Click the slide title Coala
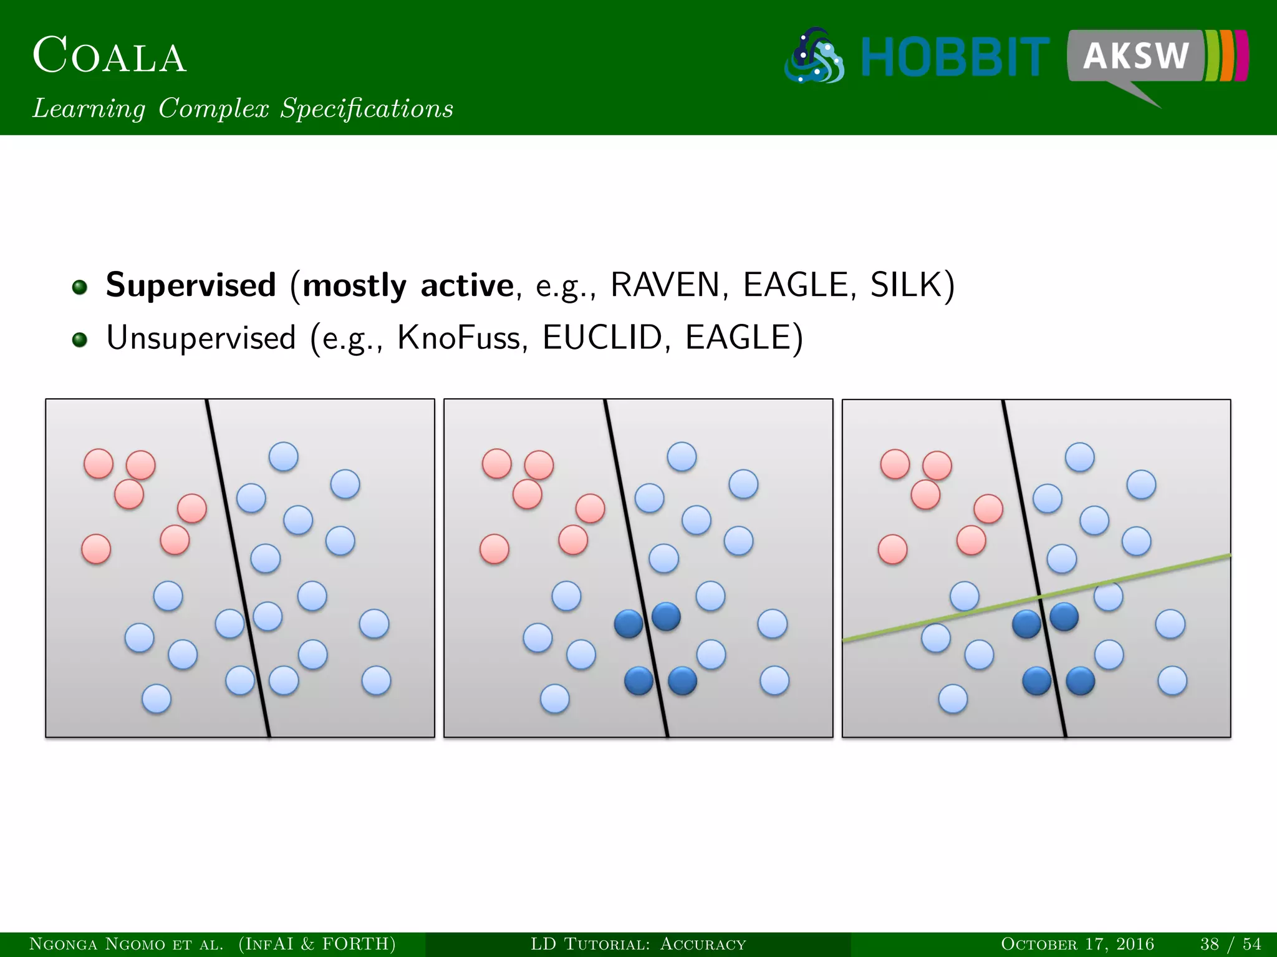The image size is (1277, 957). tap(109, 56)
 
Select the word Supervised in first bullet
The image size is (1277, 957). tap(191, 285)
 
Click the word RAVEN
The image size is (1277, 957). tap(665, 285)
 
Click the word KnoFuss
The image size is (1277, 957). tap(458, 338)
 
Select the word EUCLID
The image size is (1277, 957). tap(601, 338)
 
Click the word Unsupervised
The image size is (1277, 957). tap(201, 338)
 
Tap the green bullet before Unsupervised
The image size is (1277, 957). tap(79, 340)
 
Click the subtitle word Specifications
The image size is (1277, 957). tap(367, 109)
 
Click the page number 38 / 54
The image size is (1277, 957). tap(1230, 944)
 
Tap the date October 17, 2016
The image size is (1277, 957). tap(1077, 944)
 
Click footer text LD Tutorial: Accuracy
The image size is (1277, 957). tap(638, 944)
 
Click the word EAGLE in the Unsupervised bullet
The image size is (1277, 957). tap(738, 338)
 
